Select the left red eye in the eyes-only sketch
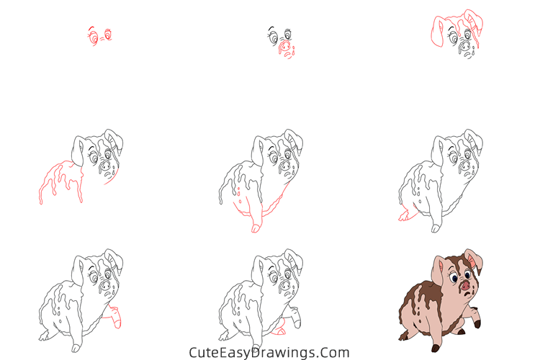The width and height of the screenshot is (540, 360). [x=93, y=35]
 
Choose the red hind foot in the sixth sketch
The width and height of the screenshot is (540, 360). [x=402, y=215]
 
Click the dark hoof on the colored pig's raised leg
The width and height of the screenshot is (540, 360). [x=477, y=324]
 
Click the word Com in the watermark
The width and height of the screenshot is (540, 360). [x=336, y=353]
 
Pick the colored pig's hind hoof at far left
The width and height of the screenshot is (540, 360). [x=402, y=335]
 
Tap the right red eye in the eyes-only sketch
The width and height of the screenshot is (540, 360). [x=109, y=33]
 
